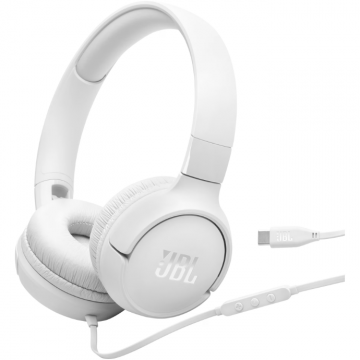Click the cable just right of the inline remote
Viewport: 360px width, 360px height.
(x=310, y=292)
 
